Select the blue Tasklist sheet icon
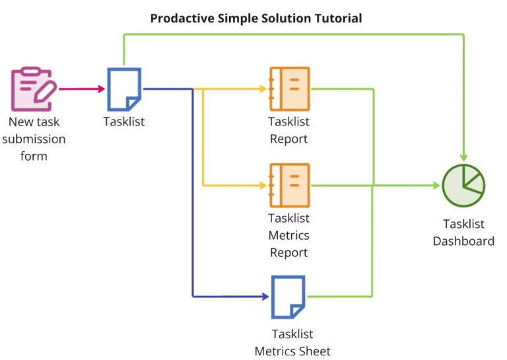[x=124, y=89]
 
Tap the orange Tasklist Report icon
[x=289, y=89]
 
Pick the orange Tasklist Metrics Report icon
[x=289, y=186]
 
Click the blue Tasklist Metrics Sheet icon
[x=289, y=297]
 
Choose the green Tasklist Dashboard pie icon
[x=463, y=186]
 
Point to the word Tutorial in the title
[x=337, y=18]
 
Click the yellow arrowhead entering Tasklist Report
[x=262, y=89]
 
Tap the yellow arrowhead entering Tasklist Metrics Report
[x=262, y=186]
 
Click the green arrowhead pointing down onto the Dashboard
[x=463, y=157]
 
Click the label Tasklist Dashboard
[x=463, y=233]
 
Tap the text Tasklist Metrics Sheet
[x=292, y=343]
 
